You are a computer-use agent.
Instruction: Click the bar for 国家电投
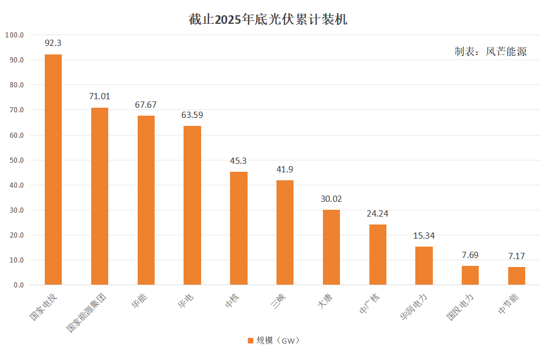pyautogui.click(x=53, y=170)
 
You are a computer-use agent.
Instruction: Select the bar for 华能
pyautogui.click(x=146, y=200)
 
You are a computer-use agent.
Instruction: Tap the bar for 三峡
pyautogui.click(x=285, y=232)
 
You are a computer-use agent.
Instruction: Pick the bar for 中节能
pyautogui.click(x=517, y=276)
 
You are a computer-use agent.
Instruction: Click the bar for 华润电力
pyautogui.click(x=424, y=266)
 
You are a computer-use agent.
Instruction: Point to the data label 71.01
pyautogui.click(x=100, y=96)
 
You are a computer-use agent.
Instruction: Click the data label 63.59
pyautogui.click(x=192, y=115)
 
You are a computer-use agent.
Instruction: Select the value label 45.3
pyautogui.click(x=239, y=161)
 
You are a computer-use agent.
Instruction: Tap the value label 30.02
pyautogui.click(x=331, y=199)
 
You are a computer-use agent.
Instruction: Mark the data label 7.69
pyautogui.click(x=470, y=255)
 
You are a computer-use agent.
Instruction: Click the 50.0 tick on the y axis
pyautogui.click(x=17, y=160)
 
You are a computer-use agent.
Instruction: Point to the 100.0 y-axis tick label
pyautogui.click(x=14, y=35)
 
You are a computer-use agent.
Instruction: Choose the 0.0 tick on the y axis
pyautogui.click(x=19, y=285)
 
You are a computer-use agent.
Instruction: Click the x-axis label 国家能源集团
pyautogui.click(x=86, y=313)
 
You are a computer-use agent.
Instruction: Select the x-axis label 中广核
pyautogui.click(x=369, y=304)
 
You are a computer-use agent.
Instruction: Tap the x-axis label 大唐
pyautogui.click(x=325, y=301)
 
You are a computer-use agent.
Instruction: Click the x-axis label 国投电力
pyautogui.click(x=459, y=307)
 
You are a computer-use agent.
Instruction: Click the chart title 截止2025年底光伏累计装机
pyautogui.click(x=268, y=19)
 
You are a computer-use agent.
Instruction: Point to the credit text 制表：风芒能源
pyautogui.click(x=491, y=52)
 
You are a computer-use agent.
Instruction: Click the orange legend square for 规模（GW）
pyautogui.click(x=250, y=341)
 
